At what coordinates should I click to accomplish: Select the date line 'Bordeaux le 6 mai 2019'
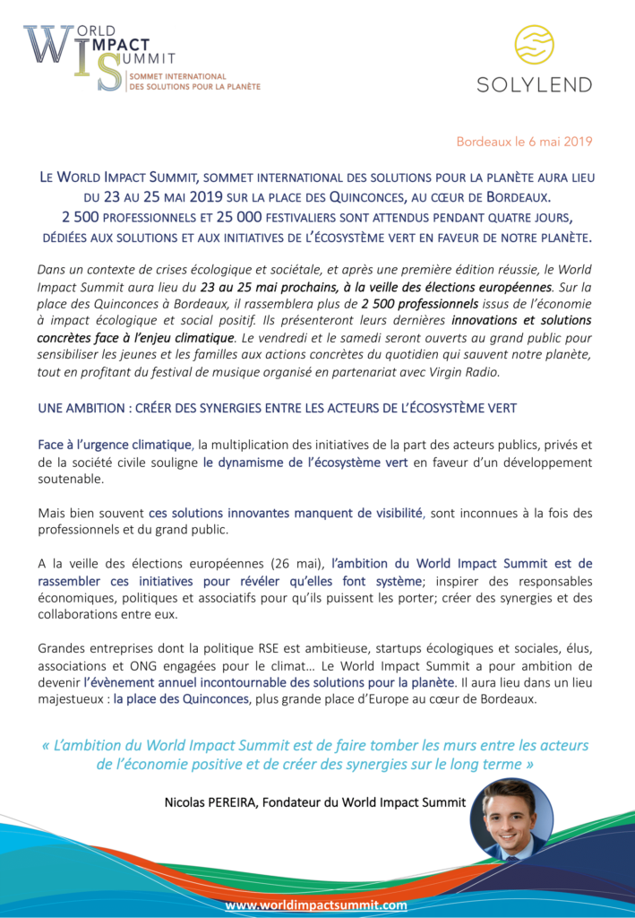click(524, 142)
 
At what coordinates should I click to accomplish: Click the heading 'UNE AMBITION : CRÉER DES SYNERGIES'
click(278, 408)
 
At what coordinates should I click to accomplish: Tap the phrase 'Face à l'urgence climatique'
click(116, 445)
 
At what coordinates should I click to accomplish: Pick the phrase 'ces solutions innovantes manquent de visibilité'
click(285, 513)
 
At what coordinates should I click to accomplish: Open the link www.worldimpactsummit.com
click(316, 905)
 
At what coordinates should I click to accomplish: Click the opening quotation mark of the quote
click(47, 745)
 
